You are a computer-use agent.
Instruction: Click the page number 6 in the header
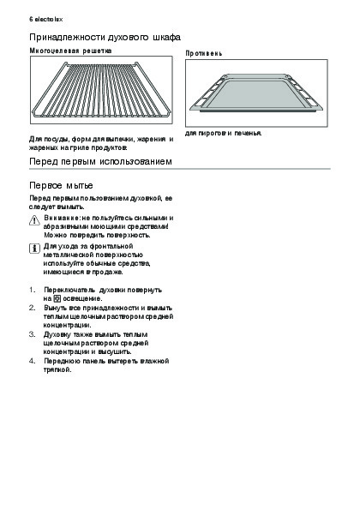point(31,19)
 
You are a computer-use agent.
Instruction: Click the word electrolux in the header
point(49,19)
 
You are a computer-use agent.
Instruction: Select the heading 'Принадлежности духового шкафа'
point(105,38)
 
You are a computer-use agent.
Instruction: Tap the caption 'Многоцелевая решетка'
point(70,51)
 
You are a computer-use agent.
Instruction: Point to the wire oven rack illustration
point(101,90)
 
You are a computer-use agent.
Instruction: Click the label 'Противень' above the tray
point(204,53)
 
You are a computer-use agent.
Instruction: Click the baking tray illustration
point(256,93)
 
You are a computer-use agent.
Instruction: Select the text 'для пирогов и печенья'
point(223,133)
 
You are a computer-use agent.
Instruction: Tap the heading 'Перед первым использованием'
point(100,161)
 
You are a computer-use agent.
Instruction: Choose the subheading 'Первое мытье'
point(61,185)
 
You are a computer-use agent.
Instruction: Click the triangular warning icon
point(34,220)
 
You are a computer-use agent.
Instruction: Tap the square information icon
point(34,249)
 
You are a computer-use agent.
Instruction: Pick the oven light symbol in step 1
point(57,298)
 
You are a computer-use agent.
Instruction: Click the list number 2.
point(32,308)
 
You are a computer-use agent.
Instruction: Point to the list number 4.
point(32,361)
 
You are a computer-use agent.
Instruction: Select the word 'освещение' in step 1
point(82,298)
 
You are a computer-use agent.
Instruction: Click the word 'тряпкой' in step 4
point(57,369)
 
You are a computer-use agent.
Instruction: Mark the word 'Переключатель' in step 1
point(69,290)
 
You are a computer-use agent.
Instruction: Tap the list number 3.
point(32,334)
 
